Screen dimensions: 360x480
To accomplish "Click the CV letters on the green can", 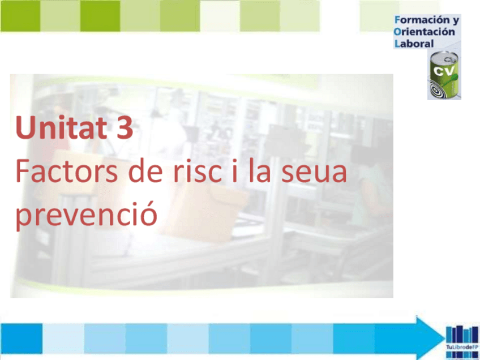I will point(443,71).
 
